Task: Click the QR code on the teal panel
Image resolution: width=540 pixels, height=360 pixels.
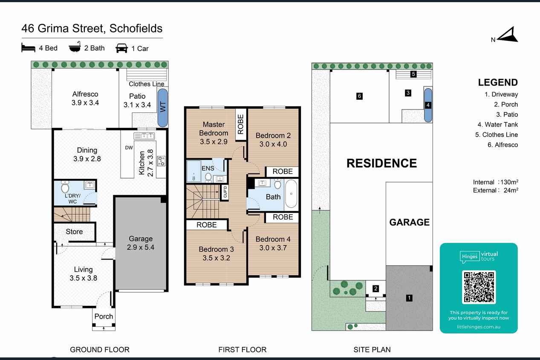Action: (x=479, y=287)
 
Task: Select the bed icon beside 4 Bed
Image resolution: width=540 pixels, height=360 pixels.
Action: (x=28, y=47)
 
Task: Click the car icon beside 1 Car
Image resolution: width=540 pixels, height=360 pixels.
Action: (x=122, y=48)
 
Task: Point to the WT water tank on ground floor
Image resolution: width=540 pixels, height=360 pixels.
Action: (x=163, y=107)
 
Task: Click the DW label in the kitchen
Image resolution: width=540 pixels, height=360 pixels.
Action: (x=129, y=148)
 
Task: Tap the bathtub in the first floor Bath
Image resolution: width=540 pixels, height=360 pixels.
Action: (x=292, y=194)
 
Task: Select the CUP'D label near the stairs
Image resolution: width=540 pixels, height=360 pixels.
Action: (x=225, y=192)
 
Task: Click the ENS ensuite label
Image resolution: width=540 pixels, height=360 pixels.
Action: (x=208, y=168)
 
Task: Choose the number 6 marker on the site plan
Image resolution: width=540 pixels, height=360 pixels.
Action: (x=359, y=96)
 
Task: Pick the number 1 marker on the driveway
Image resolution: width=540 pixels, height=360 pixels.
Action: (x=409, y=298)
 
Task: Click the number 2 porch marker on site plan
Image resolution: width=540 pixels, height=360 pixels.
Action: (x=375, y=288)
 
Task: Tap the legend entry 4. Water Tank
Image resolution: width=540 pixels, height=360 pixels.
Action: (x=497, y=124)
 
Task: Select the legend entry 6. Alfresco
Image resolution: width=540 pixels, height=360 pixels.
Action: (x=502, y=145)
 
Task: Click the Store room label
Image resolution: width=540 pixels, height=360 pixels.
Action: (x=74, y=232)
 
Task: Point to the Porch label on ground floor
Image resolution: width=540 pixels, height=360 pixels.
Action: (x=104, y=317)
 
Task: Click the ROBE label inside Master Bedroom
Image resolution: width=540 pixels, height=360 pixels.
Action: (x=240, y=124)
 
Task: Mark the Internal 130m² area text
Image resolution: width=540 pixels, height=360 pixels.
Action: (x=495, y=182)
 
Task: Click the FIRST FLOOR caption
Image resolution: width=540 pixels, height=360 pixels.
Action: (x=242, y=350)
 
